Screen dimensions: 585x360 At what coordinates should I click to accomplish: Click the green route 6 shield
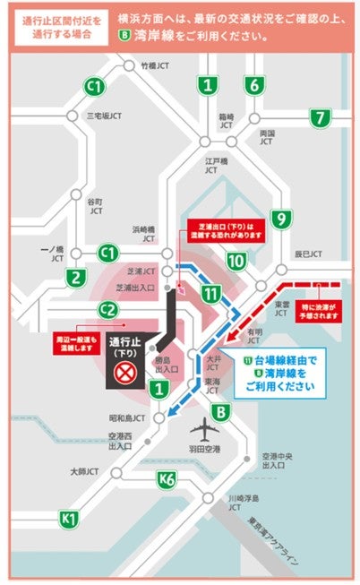pyautogui.click(x=255, y=86)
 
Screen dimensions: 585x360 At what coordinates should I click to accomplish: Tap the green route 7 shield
pyautogui.click(x=320, y=117)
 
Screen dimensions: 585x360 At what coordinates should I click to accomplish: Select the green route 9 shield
pyautogui.click(x=280, y=219)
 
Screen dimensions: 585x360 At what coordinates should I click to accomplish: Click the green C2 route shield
pyautogui.click(x=108, y=310)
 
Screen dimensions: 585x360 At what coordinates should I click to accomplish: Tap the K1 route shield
pyautogui.click(x=69, y=518)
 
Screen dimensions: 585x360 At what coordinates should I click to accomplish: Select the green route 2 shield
pyautogui.click(x=77, y=277)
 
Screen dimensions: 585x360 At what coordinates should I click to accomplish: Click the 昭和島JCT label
pyautogui.click(x=127, y=417)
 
